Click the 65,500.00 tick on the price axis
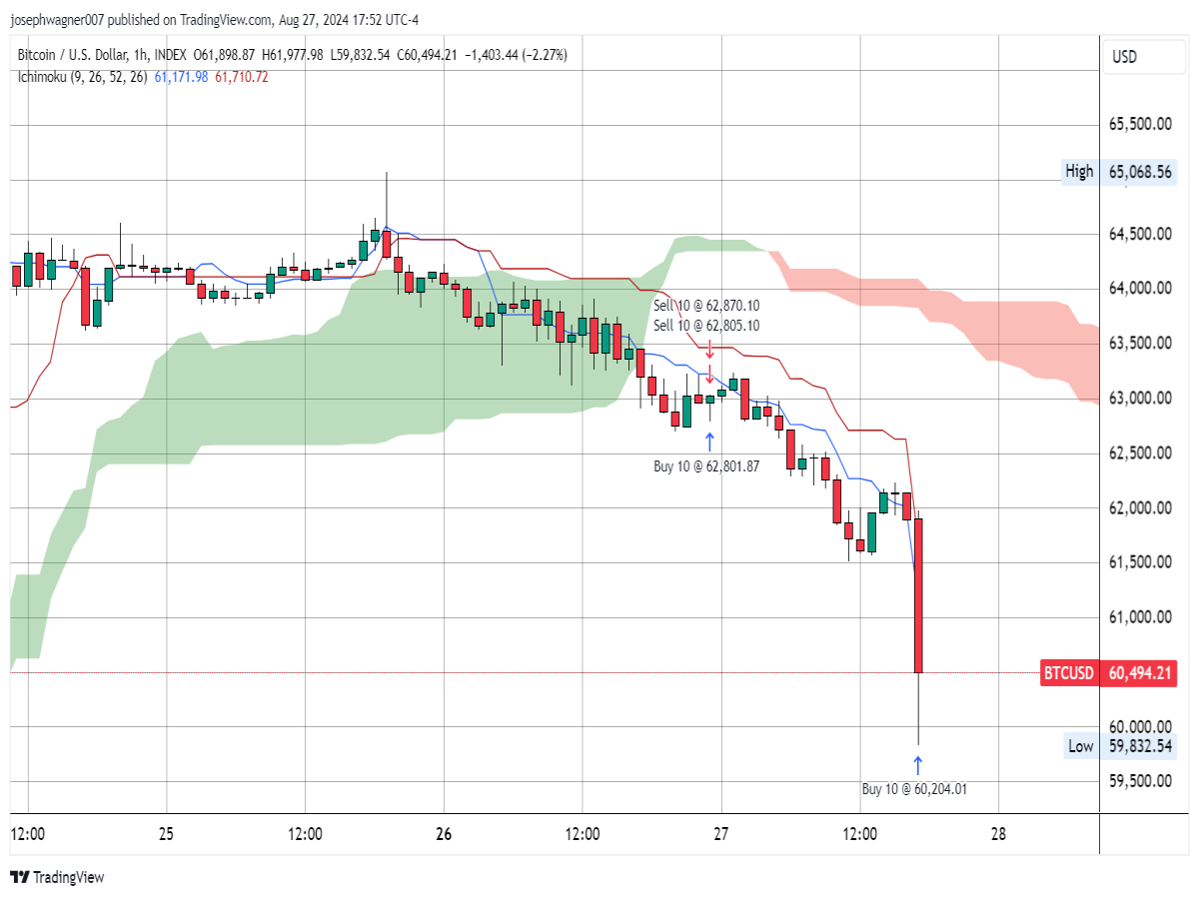pos(1140,124)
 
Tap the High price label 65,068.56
pos(1140,172)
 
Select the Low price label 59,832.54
pos(1140,746)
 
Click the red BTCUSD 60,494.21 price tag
pos(1108,673)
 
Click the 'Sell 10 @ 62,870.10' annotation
pos(706,306)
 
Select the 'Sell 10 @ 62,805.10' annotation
pos(706,326)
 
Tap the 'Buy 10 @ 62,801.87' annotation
pos(706,466)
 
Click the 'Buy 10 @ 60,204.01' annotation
pos(914,789)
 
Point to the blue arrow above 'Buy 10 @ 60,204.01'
pos(918,766)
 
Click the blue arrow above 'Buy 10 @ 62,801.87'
pos(709,443)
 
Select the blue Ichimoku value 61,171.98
pos(181,77)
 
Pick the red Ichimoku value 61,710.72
pos(242,77)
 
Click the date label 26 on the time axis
pos(444,834)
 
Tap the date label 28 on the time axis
pos(998,834)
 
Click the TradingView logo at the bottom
pos(57,877)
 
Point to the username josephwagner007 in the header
pos(57,20)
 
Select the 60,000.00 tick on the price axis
pos(1140,727)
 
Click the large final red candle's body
pos(918,595)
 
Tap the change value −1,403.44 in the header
pos(491,55)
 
